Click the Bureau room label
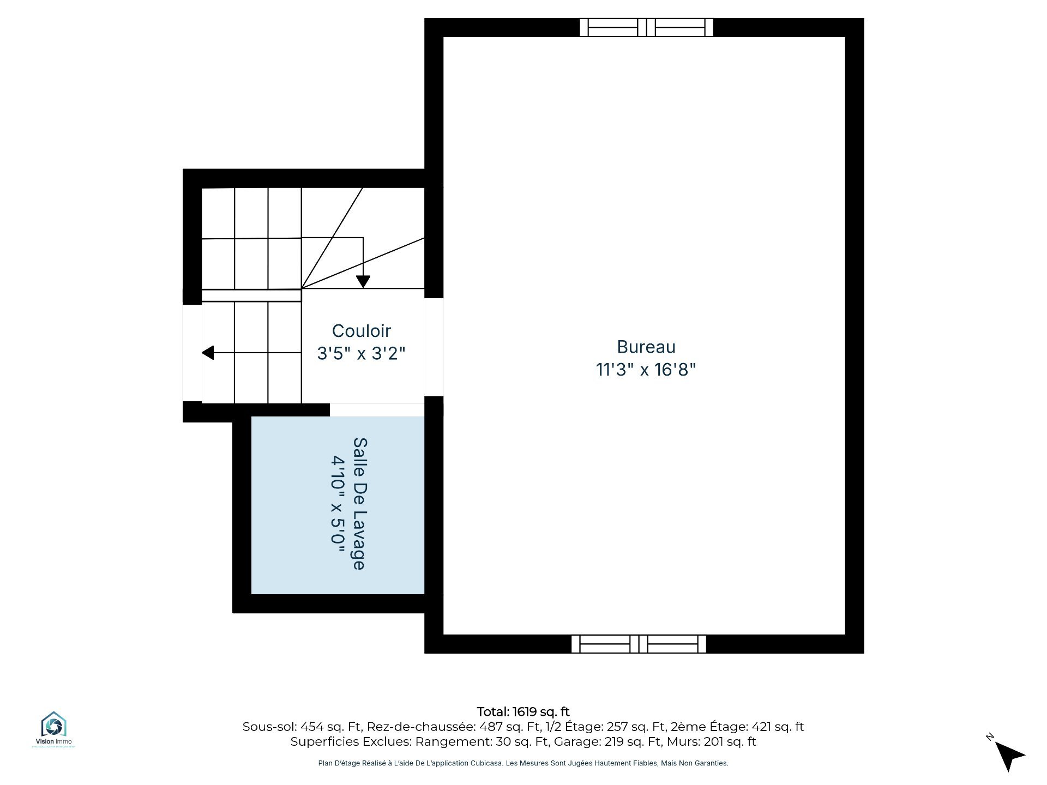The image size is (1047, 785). click(x=646, y=347)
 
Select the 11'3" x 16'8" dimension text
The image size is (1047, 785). click(x=646, y=370)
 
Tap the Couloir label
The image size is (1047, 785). click(x=362, y=331)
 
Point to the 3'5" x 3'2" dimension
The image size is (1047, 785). click(x=362, y=353)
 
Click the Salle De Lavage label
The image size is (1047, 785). click(x=360, y=504)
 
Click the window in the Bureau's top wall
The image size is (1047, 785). click(x=646, y=27)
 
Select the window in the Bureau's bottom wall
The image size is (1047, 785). click(x=639, y=644)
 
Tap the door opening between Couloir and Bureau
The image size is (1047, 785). click(x=434, y=347)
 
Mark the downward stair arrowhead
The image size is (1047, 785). click(x=363, y=282)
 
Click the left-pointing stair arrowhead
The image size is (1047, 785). click(x=208, y=353)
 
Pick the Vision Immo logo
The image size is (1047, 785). click(x=53, y=729)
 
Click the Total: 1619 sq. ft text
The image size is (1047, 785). click(x=523, y=711)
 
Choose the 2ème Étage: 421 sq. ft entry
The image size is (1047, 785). click(x=737, y=727)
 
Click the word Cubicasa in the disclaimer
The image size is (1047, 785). click(x=486, y=763)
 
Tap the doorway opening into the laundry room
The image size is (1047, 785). click(x=377, y=409)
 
